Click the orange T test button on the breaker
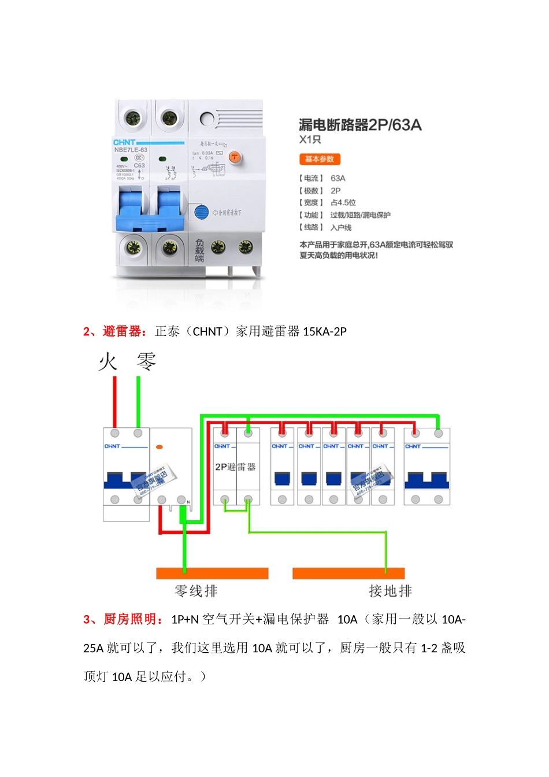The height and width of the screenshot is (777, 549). click(235, 157)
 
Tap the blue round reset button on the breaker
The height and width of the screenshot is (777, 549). click(201, 212)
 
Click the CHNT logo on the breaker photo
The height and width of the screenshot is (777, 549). click(124, 142)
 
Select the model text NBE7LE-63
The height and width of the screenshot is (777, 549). click(131, 150)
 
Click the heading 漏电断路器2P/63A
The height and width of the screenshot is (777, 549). click(359, 125)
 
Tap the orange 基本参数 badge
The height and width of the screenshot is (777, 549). click(320, 159)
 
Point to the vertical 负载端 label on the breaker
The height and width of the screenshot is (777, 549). click(199, 250)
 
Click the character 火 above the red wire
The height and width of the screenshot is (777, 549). click(108, 362)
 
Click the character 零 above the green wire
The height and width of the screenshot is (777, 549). click(146, 362)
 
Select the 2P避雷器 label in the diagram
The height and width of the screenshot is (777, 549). click(235, 467)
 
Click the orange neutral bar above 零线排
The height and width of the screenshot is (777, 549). click(212, 573)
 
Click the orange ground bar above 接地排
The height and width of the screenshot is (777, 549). click(348, 573)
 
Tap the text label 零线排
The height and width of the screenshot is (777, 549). click(196, 591)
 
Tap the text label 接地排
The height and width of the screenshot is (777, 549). click(390, 591)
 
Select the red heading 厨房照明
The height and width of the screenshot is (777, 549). click(130, 619)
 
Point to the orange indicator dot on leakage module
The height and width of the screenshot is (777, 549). click(159, 447)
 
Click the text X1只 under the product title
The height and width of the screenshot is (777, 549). click(310, 139)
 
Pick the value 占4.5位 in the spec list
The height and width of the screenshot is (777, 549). click(343, 202)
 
